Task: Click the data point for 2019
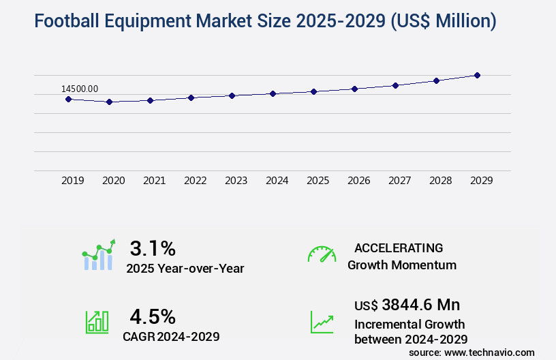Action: tap(68, 99)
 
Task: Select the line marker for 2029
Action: tap(477, 75)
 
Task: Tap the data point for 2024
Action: tap(273, 93)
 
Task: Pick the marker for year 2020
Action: tap(109, 102)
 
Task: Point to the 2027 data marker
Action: tap(395, 85)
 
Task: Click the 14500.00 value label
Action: tap(80, 89)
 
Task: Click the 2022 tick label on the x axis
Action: tap(195, 181)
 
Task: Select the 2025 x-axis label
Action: tap(318, 181)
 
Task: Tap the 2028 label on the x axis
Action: tap(440, 181)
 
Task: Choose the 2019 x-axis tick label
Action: tap(73, 181)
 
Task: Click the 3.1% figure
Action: tap(153, 247)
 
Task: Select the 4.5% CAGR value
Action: tap(153, 316)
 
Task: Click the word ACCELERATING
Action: tap(399, 248)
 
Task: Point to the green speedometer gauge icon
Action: tap(322, 254)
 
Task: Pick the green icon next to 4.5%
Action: tap(97, 322)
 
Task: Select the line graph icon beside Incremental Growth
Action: tap(322, 322)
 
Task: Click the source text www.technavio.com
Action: tap(489, 352)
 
